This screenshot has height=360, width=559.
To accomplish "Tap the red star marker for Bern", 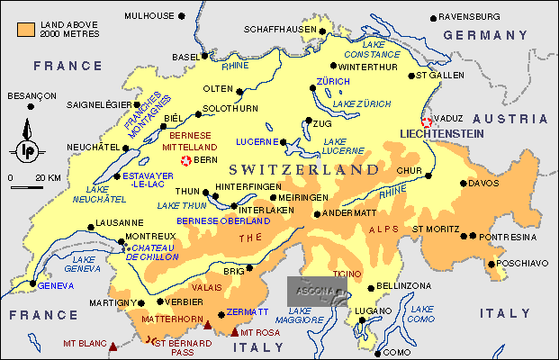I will click(186, 160).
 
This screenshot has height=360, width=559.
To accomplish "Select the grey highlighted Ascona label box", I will click(317, 291).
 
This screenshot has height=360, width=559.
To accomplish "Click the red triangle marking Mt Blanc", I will click(113, 345).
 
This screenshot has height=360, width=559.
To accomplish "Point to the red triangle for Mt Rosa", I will click(236, 332).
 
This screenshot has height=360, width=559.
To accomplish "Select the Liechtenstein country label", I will click(441, 133).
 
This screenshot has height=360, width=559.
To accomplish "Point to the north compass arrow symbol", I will click(29, 144).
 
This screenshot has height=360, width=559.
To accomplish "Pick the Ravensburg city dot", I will click(433, 16).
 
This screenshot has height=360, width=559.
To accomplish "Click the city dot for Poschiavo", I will click(491, 264).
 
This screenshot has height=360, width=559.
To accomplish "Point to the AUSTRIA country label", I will click(517, 119).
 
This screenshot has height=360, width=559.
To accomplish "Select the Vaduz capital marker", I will click(426, 123).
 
